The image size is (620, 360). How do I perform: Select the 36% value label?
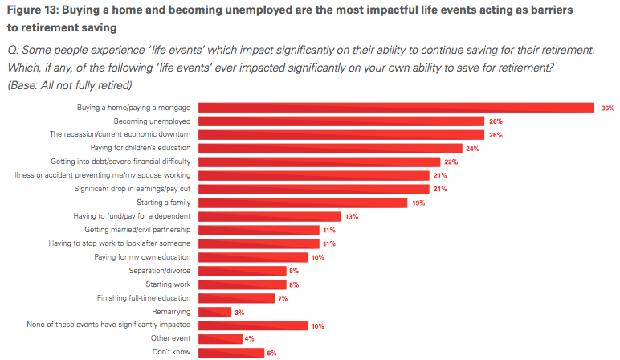click(606, 108)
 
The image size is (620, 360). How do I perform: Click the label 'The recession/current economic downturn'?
click(120, 134)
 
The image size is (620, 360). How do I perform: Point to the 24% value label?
click(474, 148)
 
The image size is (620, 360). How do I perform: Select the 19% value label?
click(418, 202)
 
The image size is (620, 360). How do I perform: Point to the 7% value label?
click(283, 298)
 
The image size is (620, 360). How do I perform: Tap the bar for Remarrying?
click(214, 312)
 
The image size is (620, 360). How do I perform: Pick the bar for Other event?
click(219, 339)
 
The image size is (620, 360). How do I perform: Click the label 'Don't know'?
click(171, 353)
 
